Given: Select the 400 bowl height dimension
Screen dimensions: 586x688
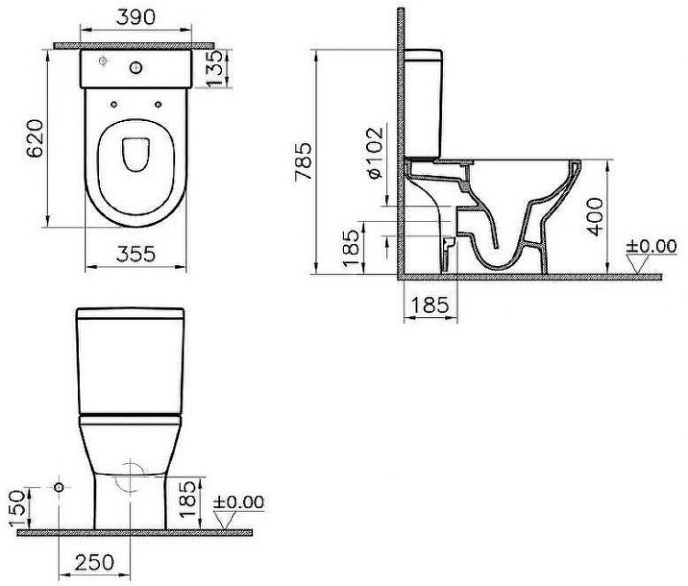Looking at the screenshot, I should click(598, 216).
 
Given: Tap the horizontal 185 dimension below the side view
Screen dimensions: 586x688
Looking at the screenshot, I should click(428, 304).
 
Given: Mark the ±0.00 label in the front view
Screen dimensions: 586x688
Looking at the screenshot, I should click(238, 502).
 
